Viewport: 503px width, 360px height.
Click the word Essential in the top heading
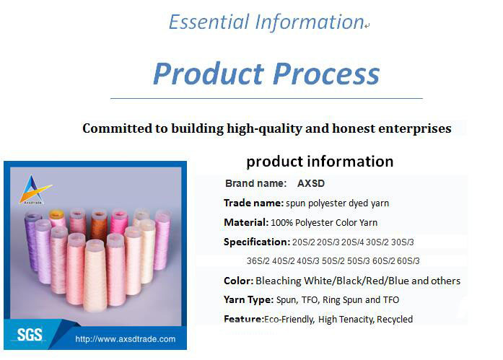click(209, 22)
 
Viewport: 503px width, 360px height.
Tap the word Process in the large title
click(326, 74)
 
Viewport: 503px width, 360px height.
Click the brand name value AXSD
click(311, 183)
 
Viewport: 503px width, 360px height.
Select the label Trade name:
click(253, 203)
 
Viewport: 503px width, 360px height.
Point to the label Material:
click(246, 222)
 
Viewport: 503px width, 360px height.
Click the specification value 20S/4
click(353, 242)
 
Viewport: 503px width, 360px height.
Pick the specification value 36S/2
click(258, 261)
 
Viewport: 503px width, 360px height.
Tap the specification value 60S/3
click(408, 261)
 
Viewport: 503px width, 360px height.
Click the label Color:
click(239, 281)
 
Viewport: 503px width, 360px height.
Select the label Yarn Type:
click(248, 299)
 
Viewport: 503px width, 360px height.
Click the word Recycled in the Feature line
click(395, 320)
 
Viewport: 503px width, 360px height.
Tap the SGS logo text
click(30, 335)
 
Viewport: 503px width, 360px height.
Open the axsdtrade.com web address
click(126, 339)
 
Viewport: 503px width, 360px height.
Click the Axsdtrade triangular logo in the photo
click(35, 190)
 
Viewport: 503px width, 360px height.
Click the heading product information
click(320, 162)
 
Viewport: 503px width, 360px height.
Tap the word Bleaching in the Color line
click(279, 281)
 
